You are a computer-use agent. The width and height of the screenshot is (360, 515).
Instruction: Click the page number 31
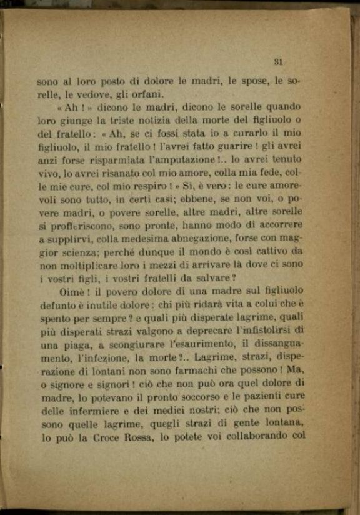[x=279, y=62]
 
